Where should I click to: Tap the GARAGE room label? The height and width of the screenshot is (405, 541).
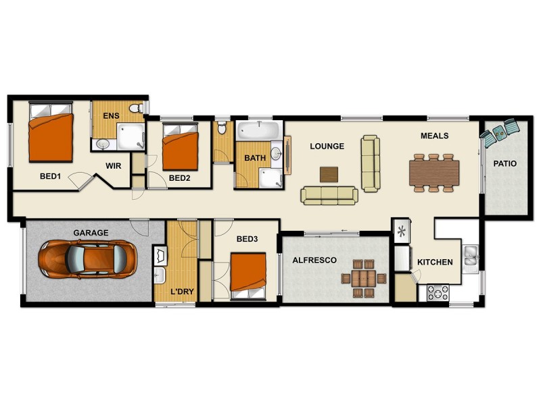[91, 233]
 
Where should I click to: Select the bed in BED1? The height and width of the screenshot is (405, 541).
[51, 136]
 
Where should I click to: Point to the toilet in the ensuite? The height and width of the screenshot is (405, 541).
[137, 109]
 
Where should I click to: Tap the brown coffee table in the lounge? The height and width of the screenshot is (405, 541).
[329, 173]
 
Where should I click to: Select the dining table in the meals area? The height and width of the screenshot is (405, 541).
[434, 172]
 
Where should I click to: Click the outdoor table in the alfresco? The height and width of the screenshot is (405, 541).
[363, 278]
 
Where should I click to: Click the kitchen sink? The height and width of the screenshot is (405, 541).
[471, 255]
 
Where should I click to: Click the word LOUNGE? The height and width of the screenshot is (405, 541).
[327, 146]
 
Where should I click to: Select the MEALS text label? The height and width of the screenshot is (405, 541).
[435, 136]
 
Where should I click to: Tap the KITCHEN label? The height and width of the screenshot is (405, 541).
[435, 262]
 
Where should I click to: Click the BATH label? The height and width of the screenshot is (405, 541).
[255, 158]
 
